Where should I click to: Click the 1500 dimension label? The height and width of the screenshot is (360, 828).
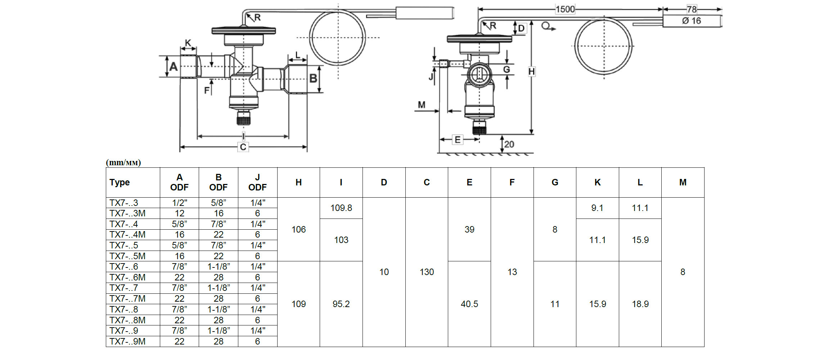[x=565, y=9]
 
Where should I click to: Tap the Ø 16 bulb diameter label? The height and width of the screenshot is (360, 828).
[x=691, y=21]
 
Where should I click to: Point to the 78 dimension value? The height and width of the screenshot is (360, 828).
[x=692, y=9]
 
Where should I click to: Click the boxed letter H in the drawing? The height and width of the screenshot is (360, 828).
[x=531, y=72]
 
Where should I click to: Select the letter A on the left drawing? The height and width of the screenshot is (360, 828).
[x=174, y=67]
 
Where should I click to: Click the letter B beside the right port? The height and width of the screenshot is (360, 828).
[x=313, y=78]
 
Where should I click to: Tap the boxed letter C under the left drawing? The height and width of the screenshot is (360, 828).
[x=243, y=147]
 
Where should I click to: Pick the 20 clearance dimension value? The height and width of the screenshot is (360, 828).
[x=509, y=144]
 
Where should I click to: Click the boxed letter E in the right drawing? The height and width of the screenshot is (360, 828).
[x=458, y=140]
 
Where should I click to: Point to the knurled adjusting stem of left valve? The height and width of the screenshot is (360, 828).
[x=244, y=118]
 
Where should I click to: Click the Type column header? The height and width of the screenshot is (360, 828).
[x=120, y=183]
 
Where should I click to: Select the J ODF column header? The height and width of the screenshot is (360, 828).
[x=257, y=182]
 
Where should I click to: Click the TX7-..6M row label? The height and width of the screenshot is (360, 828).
[x=127, y=278]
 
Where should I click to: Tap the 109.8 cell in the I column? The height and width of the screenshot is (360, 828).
[x=341, y=208]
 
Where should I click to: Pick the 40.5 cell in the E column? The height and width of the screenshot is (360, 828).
[x=469, y=304]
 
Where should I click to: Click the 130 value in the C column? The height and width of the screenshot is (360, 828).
[x=427, y=272]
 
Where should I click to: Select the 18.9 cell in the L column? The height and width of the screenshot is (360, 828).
[x=640, y=304]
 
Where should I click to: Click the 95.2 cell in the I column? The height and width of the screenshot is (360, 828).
[x=341, y=304]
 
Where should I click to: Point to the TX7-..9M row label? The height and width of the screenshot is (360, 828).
[x=127, y=342]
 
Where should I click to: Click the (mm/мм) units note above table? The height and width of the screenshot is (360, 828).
[x=123, y=163]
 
